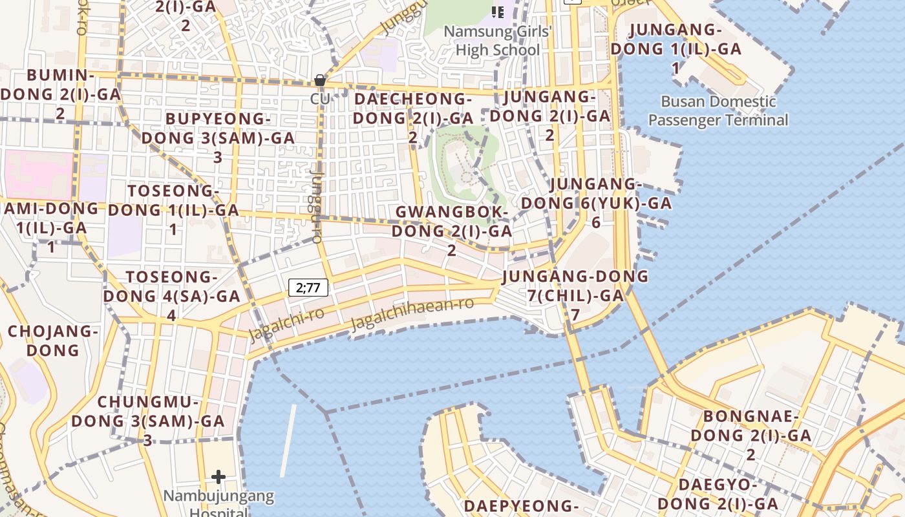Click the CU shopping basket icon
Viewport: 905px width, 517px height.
click(x=319, y=80)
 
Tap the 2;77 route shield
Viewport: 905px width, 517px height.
click(x=308, y=288)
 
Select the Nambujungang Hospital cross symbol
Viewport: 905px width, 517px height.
click(x=218, y=477)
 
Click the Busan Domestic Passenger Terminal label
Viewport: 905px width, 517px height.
click(x=718, y=111)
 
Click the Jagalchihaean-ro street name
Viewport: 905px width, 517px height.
click(x=412, y=313)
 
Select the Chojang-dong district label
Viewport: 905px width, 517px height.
click(x=52, y=341)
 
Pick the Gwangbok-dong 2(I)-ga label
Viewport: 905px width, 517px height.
click(x=452, y=230)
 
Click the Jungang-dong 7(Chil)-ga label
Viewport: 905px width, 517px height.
click(x=574, y=295)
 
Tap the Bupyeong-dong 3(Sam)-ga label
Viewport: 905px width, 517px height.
click(x=218, y=137)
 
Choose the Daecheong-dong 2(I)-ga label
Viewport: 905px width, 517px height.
click(x=413, y=118)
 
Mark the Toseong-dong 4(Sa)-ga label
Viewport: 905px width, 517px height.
click(x=171, y=295)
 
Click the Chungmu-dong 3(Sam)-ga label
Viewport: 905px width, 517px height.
click(x=148, y=420)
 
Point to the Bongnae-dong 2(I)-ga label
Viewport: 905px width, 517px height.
click(x=751, y=434)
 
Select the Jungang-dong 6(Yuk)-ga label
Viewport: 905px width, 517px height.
click(x=596, y=202)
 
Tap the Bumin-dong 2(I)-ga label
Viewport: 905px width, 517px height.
click(x=60, y=94)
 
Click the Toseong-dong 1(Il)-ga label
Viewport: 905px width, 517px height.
click(x=173, y=209)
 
